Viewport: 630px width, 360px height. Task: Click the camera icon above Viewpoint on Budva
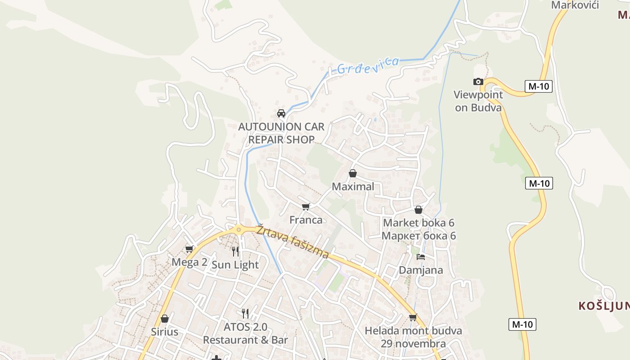(x=478, y=81)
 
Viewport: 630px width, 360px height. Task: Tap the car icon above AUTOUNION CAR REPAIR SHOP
(x=281, y=113)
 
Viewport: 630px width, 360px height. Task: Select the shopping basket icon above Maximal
(x=353, y=173)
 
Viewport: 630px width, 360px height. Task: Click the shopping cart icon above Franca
(x=306, y=207)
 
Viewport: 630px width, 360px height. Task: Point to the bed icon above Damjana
(x=421, y=257)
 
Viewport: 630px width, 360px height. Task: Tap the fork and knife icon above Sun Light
(x=235, y=251)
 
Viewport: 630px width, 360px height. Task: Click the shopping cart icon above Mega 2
(x=189, y=249)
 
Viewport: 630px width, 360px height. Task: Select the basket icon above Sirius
(x=165, y=319)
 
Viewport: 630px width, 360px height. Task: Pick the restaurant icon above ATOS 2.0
(x=245, y=313)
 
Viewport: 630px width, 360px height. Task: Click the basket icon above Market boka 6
(x=418, y=210)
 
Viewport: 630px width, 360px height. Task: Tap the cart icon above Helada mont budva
(x=413, y=317)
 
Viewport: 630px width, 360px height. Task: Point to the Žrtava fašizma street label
(x=292, y=242)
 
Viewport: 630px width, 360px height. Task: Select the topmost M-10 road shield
(x=538, y=86)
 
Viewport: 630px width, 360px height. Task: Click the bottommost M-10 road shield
(x=522, y=324)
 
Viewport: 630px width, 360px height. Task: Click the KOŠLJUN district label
(x=604, y=306)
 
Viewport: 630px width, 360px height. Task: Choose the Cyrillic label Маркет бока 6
(x=418, y=235)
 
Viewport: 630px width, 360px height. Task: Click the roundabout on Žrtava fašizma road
(x=238, y=229)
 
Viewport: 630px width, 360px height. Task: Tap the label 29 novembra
(x=413, y=344)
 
